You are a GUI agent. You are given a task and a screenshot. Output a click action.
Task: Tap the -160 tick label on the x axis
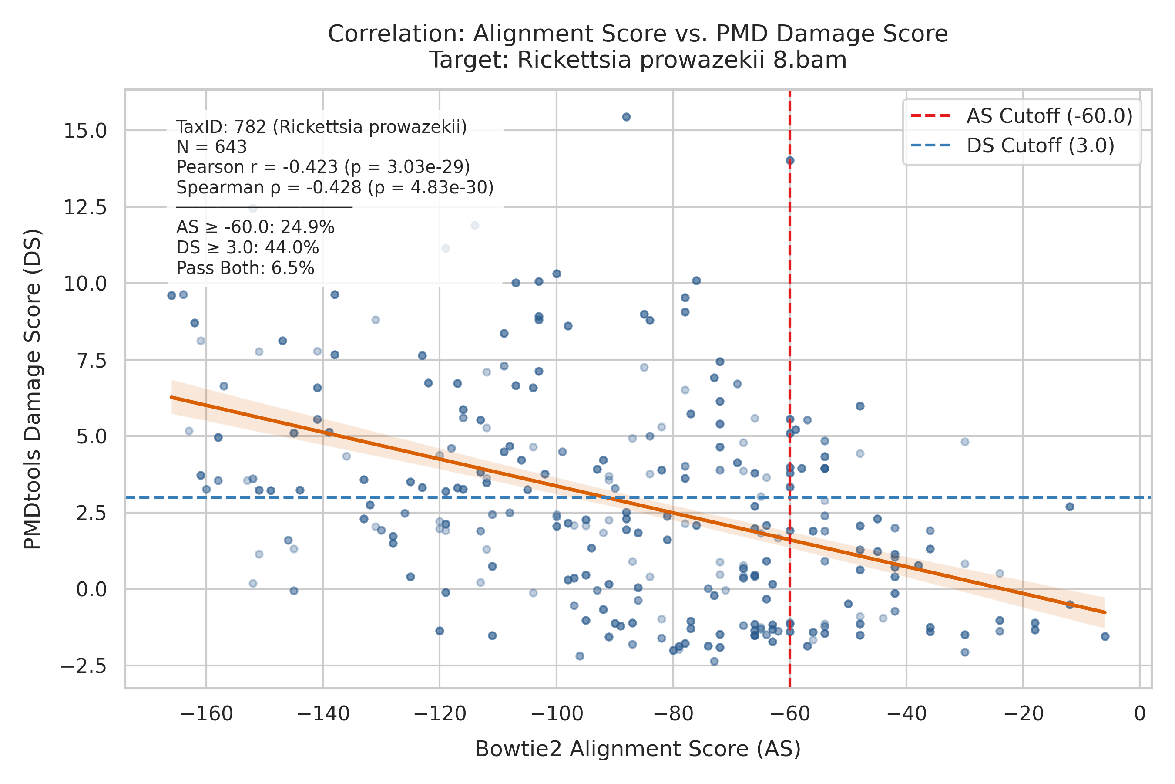pos(206,713)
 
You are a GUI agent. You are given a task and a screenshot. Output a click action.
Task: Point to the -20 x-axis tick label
pos(1023,713)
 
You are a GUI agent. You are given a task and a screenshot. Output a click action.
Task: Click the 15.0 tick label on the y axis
pos(85,131)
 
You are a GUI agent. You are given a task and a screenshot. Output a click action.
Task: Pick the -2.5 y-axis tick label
pos(84,666)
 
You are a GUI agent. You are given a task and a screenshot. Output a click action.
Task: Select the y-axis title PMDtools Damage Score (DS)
pos(33,389)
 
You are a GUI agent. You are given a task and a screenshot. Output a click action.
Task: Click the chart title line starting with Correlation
pos(638,34)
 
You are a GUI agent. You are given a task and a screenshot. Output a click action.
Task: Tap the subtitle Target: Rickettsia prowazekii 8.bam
pos(638,60)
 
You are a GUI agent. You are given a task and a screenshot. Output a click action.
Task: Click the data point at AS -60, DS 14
pos(790,160)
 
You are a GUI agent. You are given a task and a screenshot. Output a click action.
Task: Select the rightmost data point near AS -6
pos(1105,636)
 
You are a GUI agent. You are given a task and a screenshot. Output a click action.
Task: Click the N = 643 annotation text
pos(212,147)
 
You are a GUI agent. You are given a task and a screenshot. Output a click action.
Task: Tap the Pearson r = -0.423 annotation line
pos(323,167)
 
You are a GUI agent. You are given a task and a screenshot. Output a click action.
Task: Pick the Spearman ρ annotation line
pos(335,187)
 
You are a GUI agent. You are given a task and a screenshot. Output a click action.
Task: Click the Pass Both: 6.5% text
pos(245,268)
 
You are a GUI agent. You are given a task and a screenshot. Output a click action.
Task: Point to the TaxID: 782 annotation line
pos(322,127)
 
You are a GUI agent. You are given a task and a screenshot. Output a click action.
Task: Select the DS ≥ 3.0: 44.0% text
pos(248,248)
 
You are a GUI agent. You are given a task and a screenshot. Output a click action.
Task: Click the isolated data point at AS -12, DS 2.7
pos(1070,507)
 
